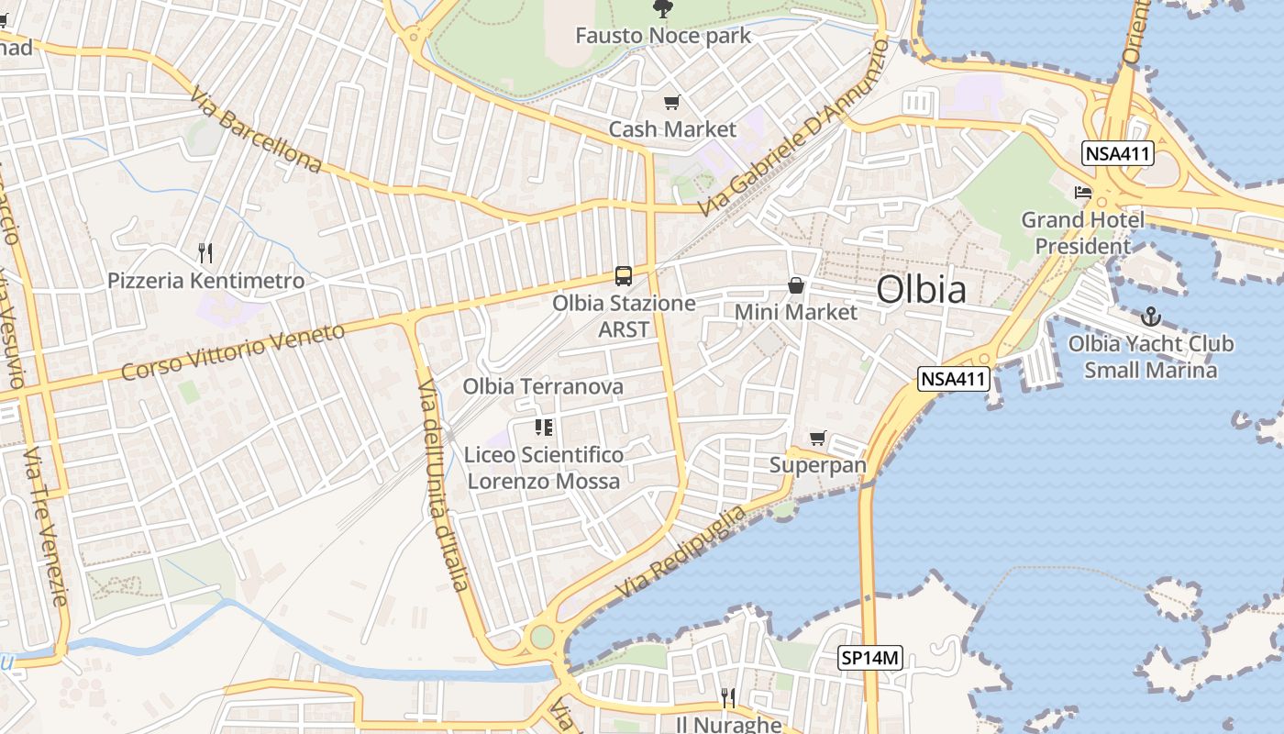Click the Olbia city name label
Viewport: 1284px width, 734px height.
pyautogui.click(x=921, y=290)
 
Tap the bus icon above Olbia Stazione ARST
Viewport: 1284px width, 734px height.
pyautogui.click(x=623, y=275)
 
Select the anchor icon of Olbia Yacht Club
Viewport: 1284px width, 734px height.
pyautogui.click(x=1150, y=317)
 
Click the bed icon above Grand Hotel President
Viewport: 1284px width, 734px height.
pyautogui.click(x=1083, y=193)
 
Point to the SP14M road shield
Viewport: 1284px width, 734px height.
pyautogui.click(x=871, y=657)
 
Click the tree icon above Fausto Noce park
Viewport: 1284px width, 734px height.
pyautogui.click(x=661, y=9)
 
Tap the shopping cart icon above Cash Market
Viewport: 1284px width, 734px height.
pyautogui.click(x=672, y=102)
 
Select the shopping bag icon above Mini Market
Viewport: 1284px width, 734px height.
pyautogui.click(x=796, y=285)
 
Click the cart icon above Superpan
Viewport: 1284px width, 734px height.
pyautogui.click(x=817, y=438)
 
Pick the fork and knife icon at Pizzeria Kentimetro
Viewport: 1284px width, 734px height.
pyautogui.click(x=205, y=251)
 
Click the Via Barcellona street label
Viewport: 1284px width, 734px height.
pyautogui.click(x=256, y=130)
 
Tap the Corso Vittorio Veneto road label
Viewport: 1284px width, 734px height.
pyautogui.click(x=233, y=351)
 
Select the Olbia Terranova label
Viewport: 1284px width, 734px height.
pyautogui.click(x=543, y=386)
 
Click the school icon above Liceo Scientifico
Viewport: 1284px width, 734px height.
pyautogui.click(x=543, y=427)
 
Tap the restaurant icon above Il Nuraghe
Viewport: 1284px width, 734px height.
pyautogui.click(x=728, y=698)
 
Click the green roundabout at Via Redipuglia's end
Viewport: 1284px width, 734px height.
pyautogui.click(x=542, y=636)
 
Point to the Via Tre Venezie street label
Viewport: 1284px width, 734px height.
pyautogui.click(x=45, y=527)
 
